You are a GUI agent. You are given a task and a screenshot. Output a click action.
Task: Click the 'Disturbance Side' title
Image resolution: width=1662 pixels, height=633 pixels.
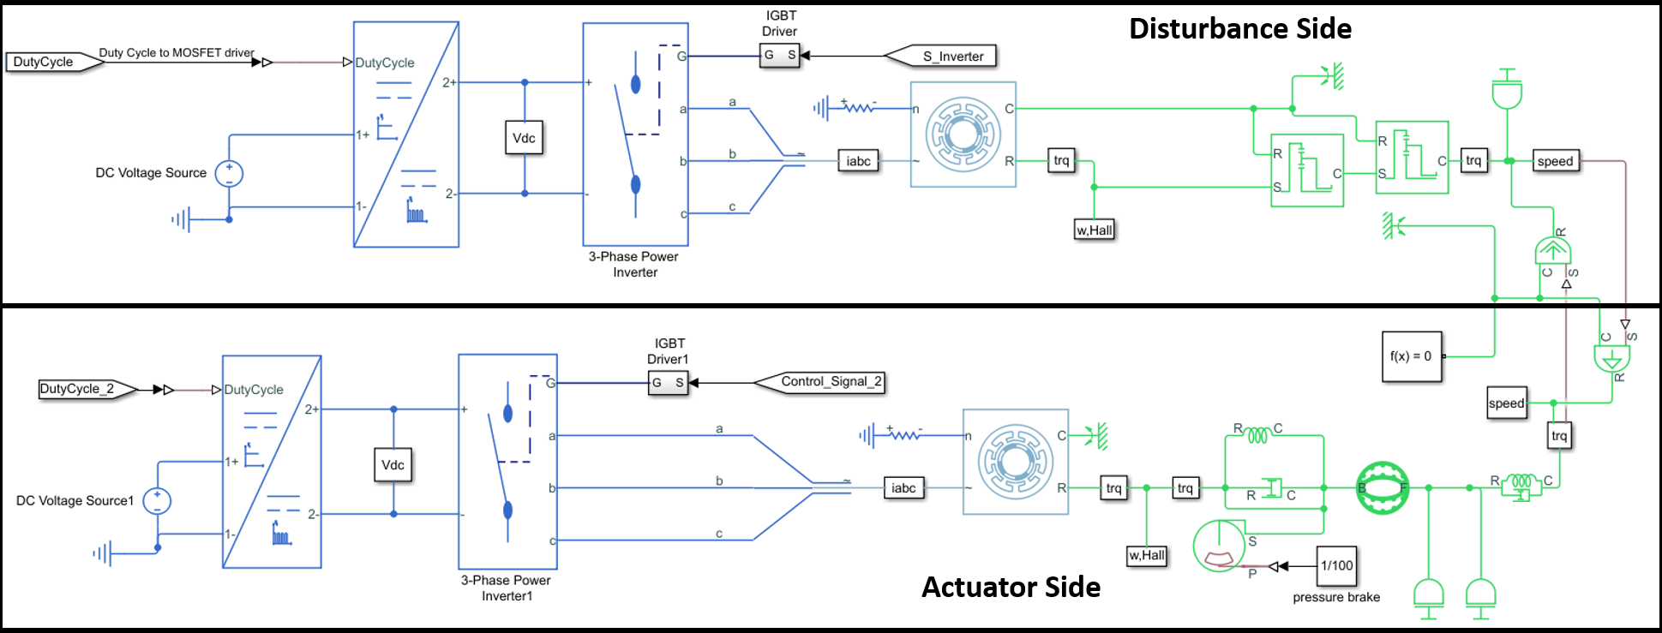coord(1239,29)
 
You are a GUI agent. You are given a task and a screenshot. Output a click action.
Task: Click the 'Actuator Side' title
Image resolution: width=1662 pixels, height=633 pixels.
coord(1011,588)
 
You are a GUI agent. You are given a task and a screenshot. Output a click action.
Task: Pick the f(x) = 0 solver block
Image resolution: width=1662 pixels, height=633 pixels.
coord(1411,356)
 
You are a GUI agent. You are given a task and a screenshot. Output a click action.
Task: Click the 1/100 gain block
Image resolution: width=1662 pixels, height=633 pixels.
coord(1336,565)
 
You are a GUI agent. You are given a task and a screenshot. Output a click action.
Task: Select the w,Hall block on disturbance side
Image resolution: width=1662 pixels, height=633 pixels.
coord(1095,230)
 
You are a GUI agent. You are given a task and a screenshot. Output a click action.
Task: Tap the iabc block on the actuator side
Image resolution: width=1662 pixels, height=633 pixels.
coord(903,488)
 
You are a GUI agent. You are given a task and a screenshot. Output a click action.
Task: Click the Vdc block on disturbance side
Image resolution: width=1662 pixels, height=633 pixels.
coord(524,138)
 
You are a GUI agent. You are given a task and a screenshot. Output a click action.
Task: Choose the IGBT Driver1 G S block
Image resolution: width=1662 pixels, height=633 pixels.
coord(668,383)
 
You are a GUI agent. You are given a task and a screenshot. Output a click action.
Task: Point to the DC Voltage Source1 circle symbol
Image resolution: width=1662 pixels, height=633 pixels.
coord(157,501)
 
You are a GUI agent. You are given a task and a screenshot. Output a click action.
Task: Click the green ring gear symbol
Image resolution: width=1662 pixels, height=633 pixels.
coord(1383,488)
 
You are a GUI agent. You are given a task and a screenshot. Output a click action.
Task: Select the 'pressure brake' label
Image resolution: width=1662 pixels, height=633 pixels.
coord(1336,597)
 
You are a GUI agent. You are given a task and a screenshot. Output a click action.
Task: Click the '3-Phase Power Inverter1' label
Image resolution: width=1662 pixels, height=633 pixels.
coord(507,588)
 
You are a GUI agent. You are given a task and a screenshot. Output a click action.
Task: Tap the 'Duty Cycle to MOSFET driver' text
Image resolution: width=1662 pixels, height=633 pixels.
coord(177,53)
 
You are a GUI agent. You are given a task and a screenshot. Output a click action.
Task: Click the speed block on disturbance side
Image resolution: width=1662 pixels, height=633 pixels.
coord(1555,161)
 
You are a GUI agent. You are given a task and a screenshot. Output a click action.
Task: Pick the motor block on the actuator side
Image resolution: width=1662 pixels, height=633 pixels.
coord(1016,462)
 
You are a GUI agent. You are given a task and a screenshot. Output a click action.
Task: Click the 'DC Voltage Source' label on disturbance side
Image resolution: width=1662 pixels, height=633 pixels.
coord(151,173)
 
